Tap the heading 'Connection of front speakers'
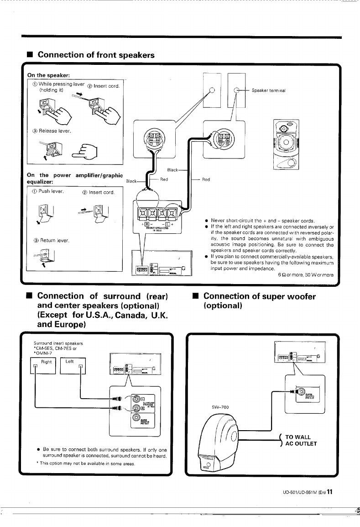pyautogui.click(x=96, y=55)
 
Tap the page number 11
pyautogui.click(x=329, y=492)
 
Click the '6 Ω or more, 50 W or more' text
pyautogui.click(x=306, y=275)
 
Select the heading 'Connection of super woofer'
pyautogui.click(x=259, y=297)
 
